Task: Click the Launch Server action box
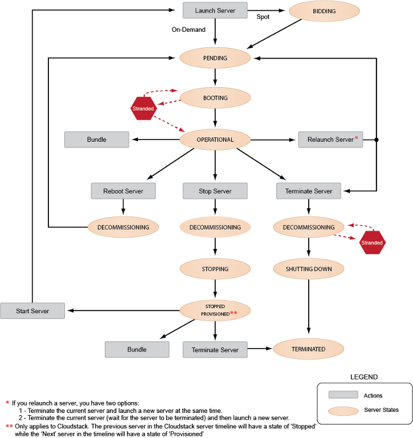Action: tap(215, 11)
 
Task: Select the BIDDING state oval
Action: tap(324, 11)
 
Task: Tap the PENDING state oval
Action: tap(215, 58)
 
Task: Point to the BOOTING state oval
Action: tap(215, 98)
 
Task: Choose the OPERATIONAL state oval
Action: tap(215, 140)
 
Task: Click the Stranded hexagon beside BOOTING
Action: tap(143, 108)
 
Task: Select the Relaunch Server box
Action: tap(330, 140)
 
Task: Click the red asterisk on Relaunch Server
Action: tap(357, 138)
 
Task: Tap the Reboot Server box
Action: tap(123, 191)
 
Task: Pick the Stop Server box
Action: tap(215, 191)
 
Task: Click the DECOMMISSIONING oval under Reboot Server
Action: tap(123, 227)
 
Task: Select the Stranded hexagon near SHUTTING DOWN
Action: tap(372, 243)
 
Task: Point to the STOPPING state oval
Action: tap(215, 269)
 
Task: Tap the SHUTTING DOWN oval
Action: tap(308, 269)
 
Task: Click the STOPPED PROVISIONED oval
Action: tap(215, 310)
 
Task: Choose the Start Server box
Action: tap(32, 311)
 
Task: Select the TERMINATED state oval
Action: tap(308, 349)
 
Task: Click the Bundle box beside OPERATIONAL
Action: tap(97, 140)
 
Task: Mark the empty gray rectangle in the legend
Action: tap(343, 394)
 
